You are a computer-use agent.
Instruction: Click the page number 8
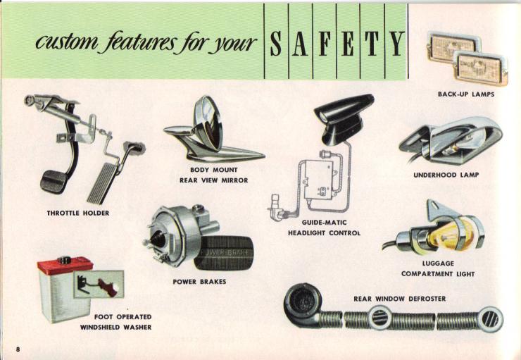(x=18, y=349)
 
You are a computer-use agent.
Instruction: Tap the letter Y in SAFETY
(x=396, y=44)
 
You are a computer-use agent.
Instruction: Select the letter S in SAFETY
(x=276, y=44)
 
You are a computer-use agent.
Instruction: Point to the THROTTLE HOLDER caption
(x=78, y=213)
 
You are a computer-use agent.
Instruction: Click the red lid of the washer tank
(x=65, y=265)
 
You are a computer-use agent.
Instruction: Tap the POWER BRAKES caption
(x=199, y=282)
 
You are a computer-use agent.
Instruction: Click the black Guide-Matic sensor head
(x=343, y=115)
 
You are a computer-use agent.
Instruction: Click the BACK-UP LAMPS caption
(x=466, y=94)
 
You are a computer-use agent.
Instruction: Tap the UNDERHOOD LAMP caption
(x=446, y=175)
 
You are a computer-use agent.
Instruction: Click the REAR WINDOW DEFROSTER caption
(x=400, y=299)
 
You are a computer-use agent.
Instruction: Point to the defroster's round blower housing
(x=303, y=302)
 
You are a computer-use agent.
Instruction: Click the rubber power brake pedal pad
(x=224, y=252)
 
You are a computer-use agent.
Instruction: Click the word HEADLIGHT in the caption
(x=307, y=233)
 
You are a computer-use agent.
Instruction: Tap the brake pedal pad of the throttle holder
(x=54, y=182)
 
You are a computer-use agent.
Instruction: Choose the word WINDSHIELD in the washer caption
(x=100, y=328)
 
